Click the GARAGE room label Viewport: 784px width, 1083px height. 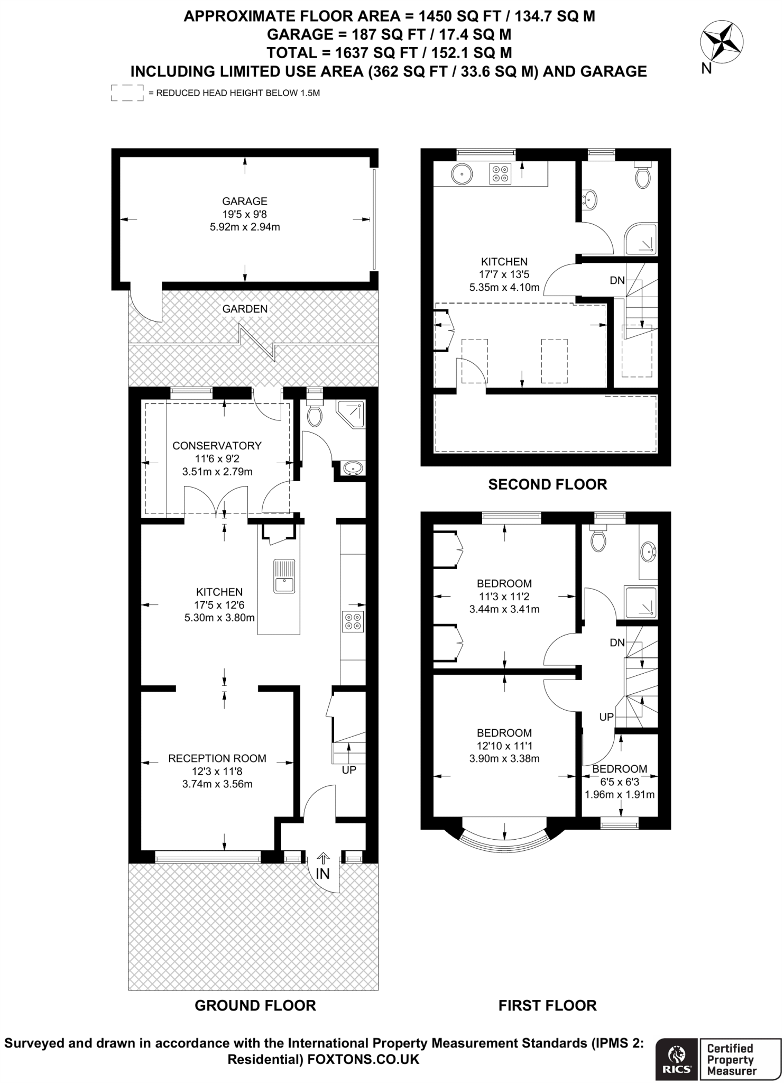pos(244,201)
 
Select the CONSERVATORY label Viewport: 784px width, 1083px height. pos(217,446)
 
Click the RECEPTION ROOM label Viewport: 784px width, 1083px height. pos(217,758)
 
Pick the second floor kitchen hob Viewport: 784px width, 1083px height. pos(500,174)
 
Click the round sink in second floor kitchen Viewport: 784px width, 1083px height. pos(462,173)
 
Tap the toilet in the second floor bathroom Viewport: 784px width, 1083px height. pos(642,177)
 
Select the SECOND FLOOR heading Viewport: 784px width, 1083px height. pos(547,484)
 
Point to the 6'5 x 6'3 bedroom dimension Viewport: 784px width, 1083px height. pos(620,782)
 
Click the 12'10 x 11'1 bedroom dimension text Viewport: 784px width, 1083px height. pos(504,746)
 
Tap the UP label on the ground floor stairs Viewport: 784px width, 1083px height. pos(349,770)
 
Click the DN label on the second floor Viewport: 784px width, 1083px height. pos(617,281)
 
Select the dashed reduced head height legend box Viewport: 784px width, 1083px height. pos(127,93)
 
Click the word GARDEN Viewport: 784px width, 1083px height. pos(245,309)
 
